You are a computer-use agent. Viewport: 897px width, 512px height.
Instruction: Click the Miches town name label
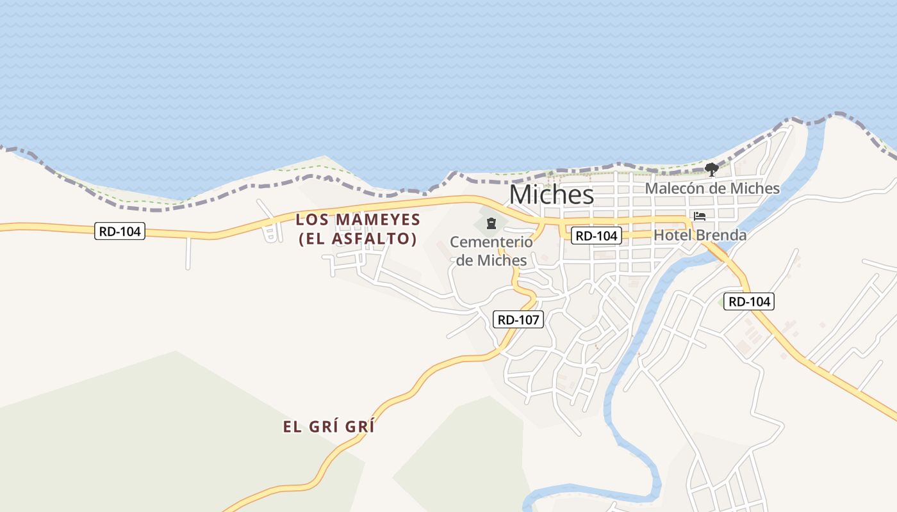(552, 195)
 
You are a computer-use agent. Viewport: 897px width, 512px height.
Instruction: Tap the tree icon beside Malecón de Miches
(711, 170)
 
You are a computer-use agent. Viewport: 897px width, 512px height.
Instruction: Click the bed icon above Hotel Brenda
(700, 216)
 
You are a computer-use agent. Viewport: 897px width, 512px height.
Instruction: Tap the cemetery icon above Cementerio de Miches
(491, 223)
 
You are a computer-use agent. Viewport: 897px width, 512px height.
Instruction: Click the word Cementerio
(491, 243)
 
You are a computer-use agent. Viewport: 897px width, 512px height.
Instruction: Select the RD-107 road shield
(518, 319)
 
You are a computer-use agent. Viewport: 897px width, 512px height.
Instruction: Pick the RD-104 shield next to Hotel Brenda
(597, 236)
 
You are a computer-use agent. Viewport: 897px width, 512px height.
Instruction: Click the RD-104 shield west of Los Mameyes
(120, 231)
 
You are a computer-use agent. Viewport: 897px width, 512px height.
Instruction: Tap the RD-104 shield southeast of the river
(749, 301)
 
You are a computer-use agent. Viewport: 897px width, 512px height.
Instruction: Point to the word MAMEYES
(378, 220)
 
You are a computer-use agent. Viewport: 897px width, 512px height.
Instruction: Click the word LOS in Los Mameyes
(313, 220)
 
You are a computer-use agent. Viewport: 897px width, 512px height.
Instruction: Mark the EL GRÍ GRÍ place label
(329, 427)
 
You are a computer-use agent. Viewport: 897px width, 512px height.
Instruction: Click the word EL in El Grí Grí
(292, 427)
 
